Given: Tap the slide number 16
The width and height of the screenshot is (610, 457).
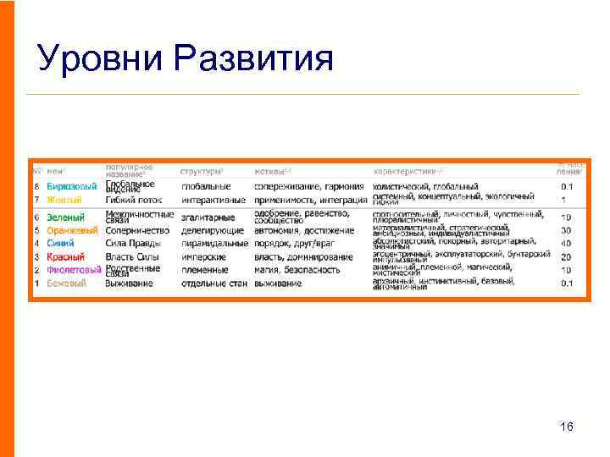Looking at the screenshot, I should (567, 427).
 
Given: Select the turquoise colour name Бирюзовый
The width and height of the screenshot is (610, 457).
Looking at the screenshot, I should (71, 186).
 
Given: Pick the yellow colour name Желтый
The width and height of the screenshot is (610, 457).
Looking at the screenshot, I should (64, 200).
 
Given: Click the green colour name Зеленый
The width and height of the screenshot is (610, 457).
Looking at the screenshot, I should (65, 217).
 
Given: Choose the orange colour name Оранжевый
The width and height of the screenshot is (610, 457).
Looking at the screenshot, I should (72, 230).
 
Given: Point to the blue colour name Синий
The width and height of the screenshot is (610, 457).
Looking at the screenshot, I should (60, 244).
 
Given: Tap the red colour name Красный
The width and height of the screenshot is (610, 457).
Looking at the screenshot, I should (65, 257).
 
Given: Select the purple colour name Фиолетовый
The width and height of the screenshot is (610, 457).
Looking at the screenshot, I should (74, 270).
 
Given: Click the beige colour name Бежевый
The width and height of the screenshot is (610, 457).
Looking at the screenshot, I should (66, 284).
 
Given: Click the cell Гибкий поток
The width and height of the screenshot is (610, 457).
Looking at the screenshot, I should (133, 200).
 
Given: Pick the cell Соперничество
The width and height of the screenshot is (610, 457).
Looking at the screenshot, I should (137, 230).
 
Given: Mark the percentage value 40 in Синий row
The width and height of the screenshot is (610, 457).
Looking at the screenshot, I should (566, 244).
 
